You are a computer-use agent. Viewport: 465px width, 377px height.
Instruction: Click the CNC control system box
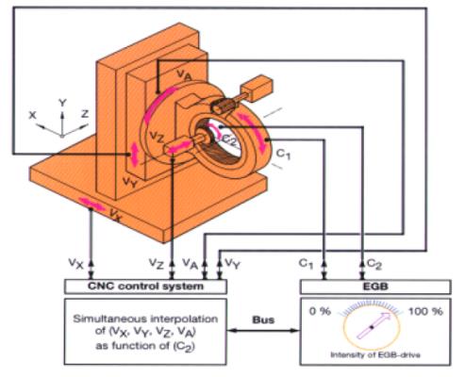point(145,287)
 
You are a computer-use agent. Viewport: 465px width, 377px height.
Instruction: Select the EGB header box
point(375,287)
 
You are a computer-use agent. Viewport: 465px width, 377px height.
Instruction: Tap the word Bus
point(263,320)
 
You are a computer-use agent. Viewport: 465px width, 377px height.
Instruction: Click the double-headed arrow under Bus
point(263,331)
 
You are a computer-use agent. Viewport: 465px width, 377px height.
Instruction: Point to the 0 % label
point(320,311)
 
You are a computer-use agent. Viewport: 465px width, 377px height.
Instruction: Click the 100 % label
point(425,311)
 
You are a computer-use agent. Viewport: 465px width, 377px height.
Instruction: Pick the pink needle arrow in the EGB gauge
point(374,326)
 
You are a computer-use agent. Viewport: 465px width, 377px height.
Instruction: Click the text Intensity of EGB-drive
point(375,355)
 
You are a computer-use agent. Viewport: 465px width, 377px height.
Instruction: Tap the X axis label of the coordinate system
point(32,115)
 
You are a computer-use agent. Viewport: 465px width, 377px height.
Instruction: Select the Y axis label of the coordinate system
point(62,103)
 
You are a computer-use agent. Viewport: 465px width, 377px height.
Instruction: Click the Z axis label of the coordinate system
point(85,113)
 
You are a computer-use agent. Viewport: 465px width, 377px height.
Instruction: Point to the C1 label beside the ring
point(283,155)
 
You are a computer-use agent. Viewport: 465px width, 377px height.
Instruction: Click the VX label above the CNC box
point(76,263)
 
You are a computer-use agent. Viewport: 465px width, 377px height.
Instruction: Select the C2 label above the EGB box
point(374,265)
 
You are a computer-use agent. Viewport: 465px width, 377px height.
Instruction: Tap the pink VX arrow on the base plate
point(91,205)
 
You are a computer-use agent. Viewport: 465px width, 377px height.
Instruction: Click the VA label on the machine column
point(184,75)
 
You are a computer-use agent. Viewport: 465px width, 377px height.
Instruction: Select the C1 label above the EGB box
point(306,264)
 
